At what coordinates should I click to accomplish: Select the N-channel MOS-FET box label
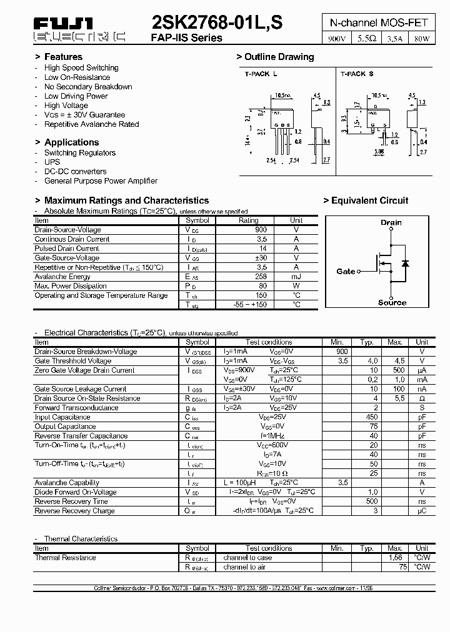[x=379, y=22]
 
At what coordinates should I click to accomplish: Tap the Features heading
[x=63, y=57]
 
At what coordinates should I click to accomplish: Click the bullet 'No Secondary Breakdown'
[x=88, y=87]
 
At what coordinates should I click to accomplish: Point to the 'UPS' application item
[x=52, y=162]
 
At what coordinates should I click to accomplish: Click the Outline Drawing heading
[x=279, y=57]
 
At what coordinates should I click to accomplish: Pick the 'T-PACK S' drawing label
[x=357, y=74]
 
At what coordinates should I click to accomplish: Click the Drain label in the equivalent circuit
[x=391, y=222]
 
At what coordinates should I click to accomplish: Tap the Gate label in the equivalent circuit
[x=346, y=272]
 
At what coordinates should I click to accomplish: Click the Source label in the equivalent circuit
[x=392, y=303]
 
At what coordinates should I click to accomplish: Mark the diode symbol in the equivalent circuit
[x=405, y=263]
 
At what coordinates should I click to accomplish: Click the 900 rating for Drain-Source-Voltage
[x=261, y=230]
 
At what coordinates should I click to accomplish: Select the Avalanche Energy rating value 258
[x=261, y=277]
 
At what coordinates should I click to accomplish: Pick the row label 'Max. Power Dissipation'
[x=71, y=286]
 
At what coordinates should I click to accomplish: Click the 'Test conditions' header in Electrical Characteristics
[x=269, y=342]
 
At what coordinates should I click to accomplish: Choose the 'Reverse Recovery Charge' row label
[x=74, y=511]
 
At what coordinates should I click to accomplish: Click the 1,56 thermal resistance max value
[x=395, y=558]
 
